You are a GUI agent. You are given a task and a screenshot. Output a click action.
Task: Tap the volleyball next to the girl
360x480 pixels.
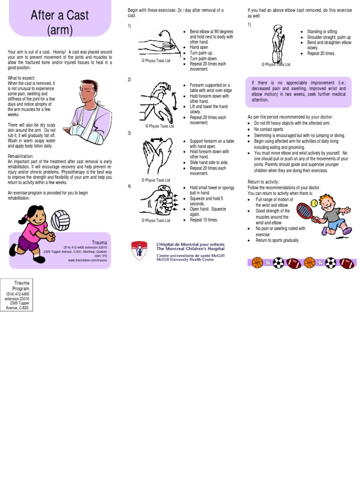pos(60,219)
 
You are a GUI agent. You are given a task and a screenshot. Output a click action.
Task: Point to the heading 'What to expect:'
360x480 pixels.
pos(22,78)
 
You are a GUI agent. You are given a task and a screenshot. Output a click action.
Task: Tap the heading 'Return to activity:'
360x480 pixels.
pos(263,181)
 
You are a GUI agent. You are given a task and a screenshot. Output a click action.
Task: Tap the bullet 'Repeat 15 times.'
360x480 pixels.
pos(204,219)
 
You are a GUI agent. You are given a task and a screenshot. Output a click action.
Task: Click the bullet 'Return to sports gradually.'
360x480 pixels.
pos(277,240)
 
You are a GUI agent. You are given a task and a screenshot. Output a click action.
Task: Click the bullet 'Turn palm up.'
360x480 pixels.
pos(201,52)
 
